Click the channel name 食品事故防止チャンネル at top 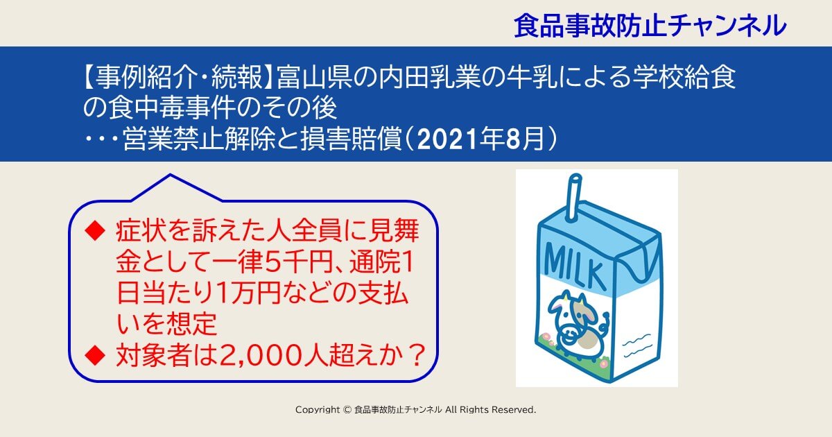(x=650, y=26)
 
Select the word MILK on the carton (x=575, y=266)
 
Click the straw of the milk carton (x=574, y=197)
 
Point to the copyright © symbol (x=347, y=410)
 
